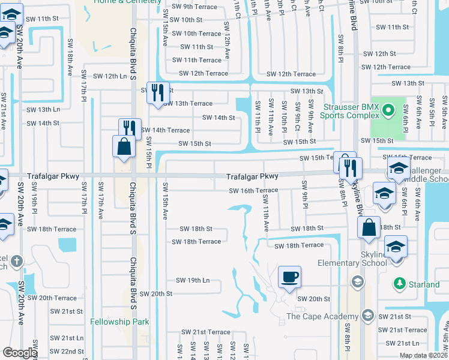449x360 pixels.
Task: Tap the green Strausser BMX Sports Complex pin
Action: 388,110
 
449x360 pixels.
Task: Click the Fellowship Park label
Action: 119,322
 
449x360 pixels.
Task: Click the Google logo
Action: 20,353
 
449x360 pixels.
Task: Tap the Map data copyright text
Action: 422,355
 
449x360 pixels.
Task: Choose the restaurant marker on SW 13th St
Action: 158,93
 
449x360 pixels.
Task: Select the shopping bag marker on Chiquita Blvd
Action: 124,147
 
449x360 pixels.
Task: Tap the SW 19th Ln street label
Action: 193,280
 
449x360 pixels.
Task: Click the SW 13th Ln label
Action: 43,110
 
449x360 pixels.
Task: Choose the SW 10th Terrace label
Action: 197,34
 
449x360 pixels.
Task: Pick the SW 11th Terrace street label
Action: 197,60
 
